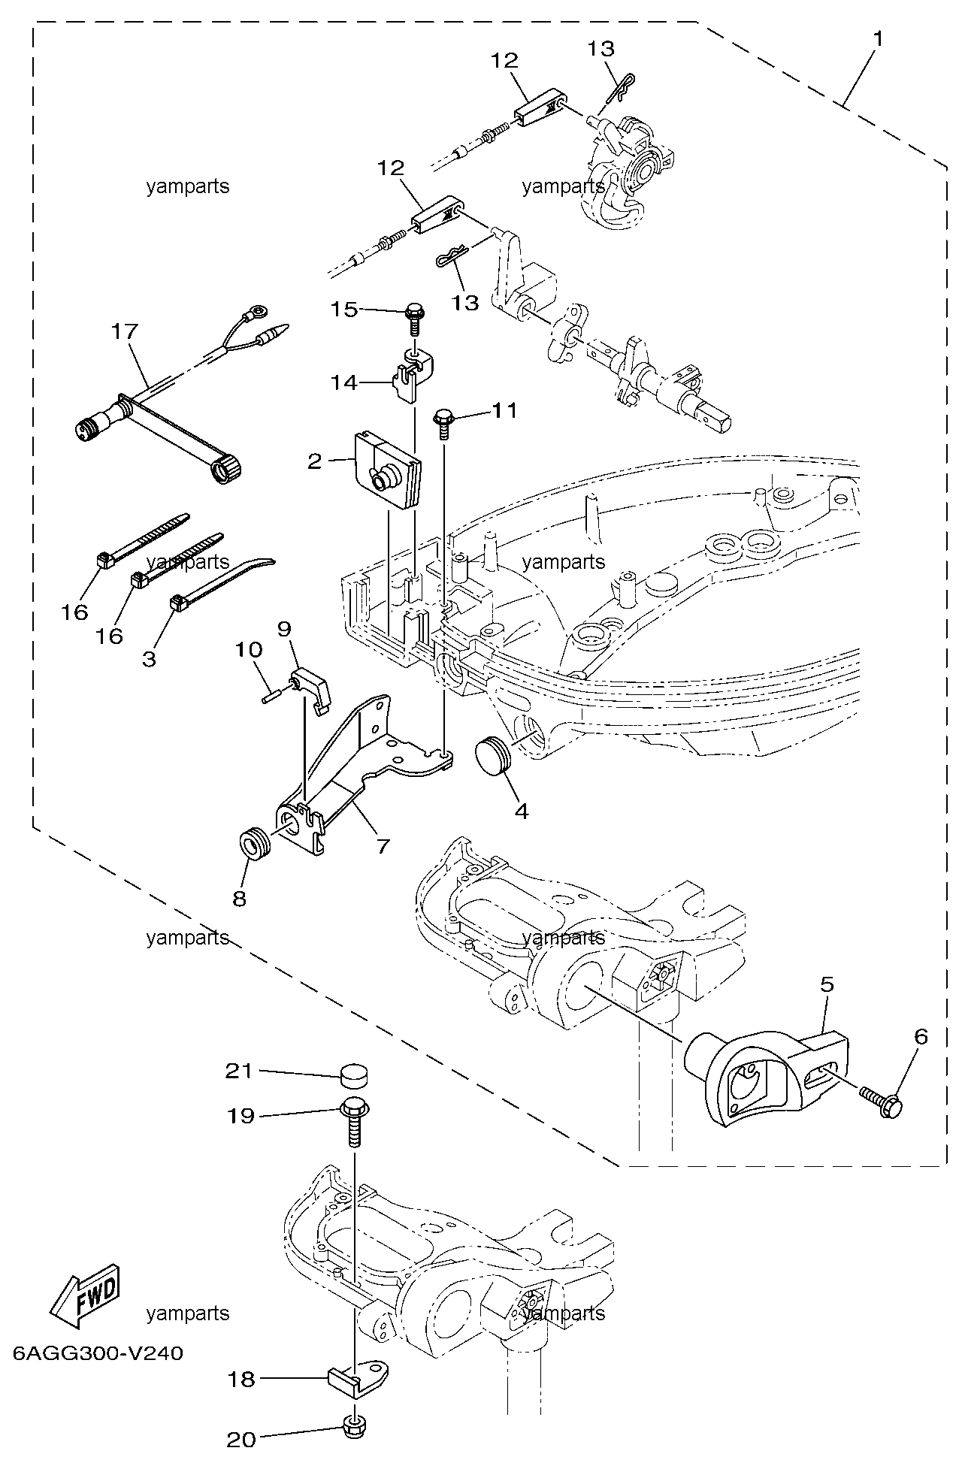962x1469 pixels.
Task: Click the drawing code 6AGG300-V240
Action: click(x=98, y=1353)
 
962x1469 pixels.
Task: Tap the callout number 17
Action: click(x=125, y=330)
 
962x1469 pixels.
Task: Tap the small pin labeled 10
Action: click(x=276, y=694)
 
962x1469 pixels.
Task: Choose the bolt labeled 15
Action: click(x=413, y=318)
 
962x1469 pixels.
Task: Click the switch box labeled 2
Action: click(x=386, y=470)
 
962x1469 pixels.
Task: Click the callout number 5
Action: click(x=827, y=985)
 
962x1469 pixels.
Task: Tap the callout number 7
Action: click(x=383, y=846)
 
